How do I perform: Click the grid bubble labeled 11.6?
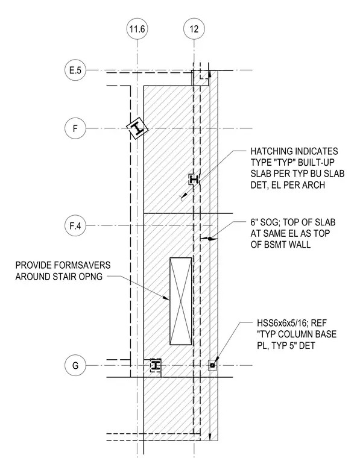(x=137, y=29)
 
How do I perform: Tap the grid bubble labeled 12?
(x=194, y=29)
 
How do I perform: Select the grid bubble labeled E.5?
(x=75, y=71)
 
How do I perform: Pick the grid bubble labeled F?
(x=75, y=128)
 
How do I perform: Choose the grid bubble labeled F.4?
(x=75, y=226)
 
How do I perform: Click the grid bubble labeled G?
(x=75, y=365)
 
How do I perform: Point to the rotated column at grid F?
(x=137, y=128)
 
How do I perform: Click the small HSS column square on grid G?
(x=212, y=365)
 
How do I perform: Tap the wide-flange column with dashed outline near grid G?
(x=156, y=365)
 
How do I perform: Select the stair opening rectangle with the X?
(x=181, y=301)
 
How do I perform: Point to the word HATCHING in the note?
(x=272, y=151)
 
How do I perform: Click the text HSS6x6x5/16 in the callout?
(x=282, y=323)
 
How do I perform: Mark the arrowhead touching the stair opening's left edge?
(x=167, y=298)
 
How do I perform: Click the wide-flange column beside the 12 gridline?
(x=194, y=180)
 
